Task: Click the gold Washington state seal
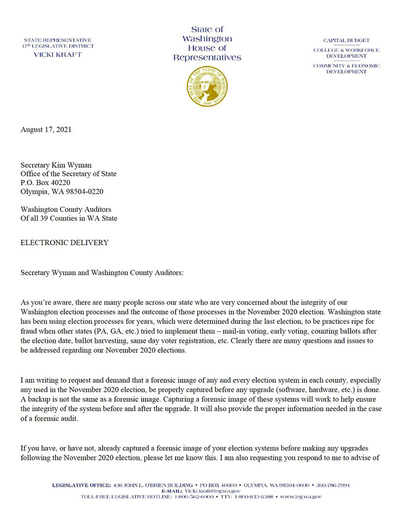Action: coord(207,87)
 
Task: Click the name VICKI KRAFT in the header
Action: coord(57,55)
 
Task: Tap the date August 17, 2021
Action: coord(46,130)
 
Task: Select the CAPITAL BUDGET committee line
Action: coord(346,40)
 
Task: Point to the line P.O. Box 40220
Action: coord(45,183)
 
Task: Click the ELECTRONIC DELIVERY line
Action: coord(64,242)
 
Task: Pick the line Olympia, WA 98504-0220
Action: coord(62,192)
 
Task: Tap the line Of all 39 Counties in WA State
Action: coord(69,218)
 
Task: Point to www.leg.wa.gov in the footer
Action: coord(300,497)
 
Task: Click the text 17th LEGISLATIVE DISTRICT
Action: coord(57,46)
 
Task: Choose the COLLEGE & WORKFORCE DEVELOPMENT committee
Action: coord(346,53)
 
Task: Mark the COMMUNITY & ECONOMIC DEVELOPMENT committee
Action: coord(346,69)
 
